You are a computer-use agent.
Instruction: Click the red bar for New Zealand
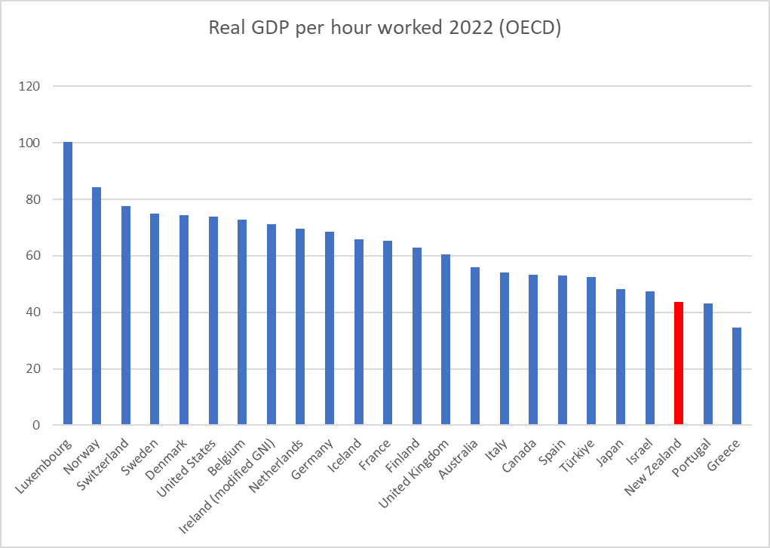pyautogui.click(x=678, y=363)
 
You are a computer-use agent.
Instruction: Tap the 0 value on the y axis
pyautogui.click(x=35, y=426)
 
